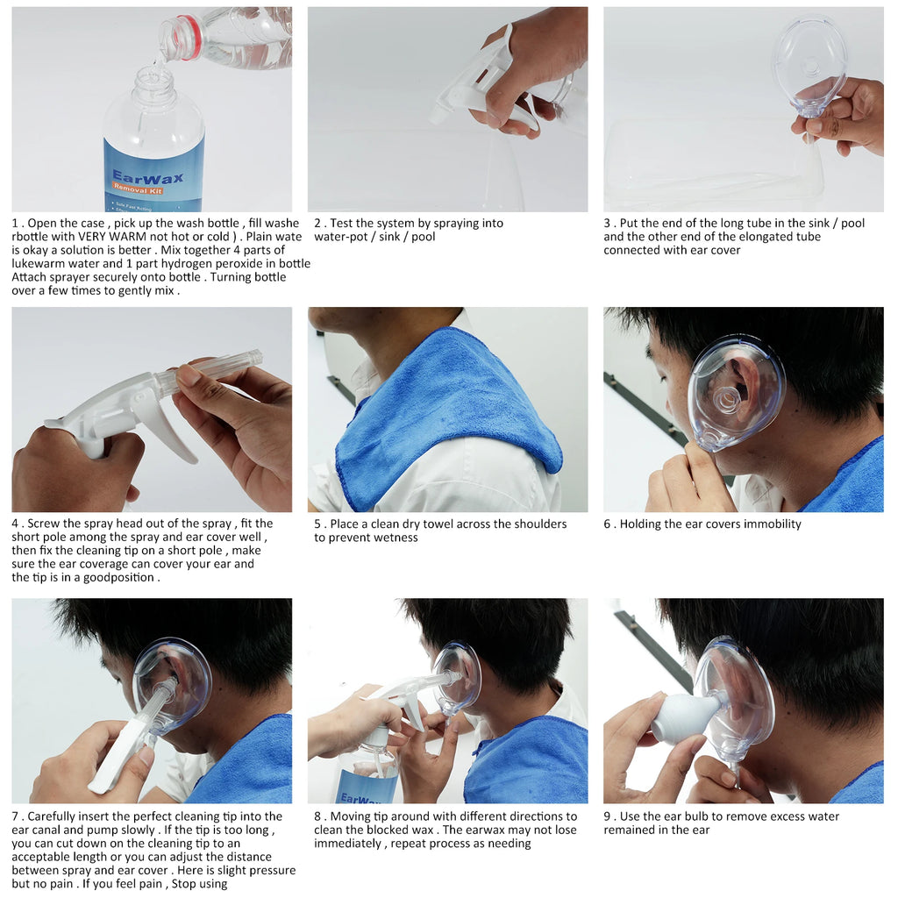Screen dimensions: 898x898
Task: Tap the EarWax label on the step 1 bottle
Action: (x=147, y=179)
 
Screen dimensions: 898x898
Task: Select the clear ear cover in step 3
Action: (x=809, y=66)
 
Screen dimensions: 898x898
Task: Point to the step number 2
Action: (x=317, y=224)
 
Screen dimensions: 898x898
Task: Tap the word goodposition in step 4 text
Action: (x=118, y=578)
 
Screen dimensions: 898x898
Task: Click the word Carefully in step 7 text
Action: (x=56, y=816)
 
